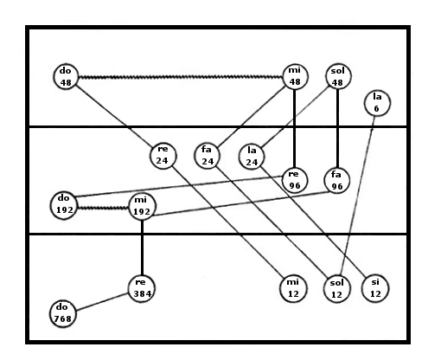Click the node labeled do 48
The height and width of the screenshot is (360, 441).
(x=66, y=76)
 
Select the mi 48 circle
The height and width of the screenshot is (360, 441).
(x=295, y=76)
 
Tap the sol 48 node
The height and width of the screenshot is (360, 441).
(x=338, y=76)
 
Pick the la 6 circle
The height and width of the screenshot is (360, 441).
(x=377, y=103)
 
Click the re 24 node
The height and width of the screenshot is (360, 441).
(x=163, y=156)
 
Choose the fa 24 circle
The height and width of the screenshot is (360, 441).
(x=207, y=156)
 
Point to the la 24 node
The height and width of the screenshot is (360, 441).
(x=252, y=157)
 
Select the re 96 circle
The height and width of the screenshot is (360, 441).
(x=294, y=180)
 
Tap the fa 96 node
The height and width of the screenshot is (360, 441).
(x=336, y=181)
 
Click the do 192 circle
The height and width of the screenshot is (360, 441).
(x=64, y=206)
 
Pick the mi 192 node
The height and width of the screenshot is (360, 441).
(x=142, y=207)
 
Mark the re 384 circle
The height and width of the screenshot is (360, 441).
(x=142, y=289)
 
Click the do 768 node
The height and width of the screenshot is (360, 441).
(x=63, y=314)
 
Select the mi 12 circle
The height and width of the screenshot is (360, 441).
(x=293, y=288)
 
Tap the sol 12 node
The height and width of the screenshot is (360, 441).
(x=336, y=289)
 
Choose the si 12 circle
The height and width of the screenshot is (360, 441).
(x=375, y=288)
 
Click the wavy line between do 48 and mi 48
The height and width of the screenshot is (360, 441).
(x=181, y=77)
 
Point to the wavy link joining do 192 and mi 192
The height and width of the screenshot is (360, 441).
(x=103, y=208)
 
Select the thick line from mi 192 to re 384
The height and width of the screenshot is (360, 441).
(x=142, y=247)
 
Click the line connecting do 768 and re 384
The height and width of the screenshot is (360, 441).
(x=102, y=302)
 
